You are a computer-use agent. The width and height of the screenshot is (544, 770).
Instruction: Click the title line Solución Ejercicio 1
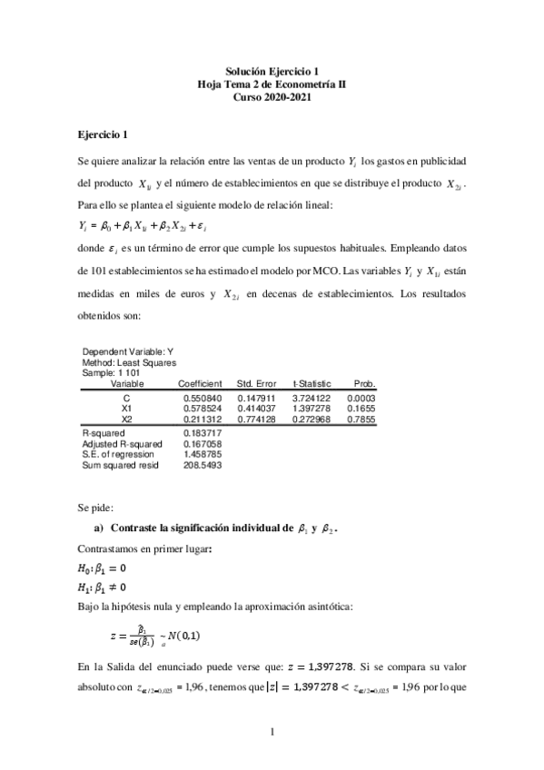coord(272,70)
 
